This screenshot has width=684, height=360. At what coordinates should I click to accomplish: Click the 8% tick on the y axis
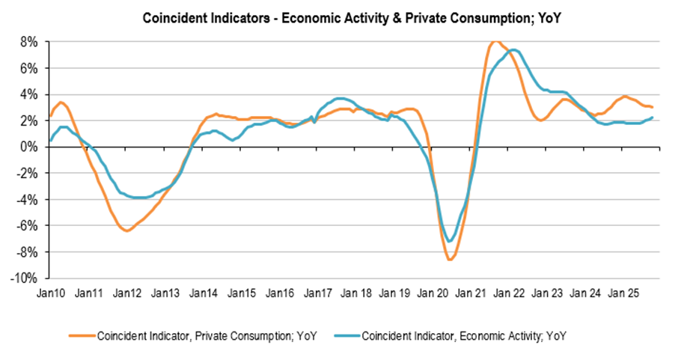[x=28, y=42]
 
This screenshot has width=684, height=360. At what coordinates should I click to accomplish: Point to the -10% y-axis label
[x=24, y=278]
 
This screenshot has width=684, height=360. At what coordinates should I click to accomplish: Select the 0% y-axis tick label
[x=28, y=147]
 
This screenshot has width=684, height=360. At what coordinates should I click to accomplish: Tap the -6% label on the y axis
[x=26, y=225]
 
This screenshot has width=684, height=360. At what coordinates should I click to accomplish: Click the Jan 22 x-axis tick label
[x=512, y=293]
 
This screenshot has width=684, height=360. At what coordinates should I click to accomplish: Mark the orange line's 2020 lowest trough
[x=449, y=259]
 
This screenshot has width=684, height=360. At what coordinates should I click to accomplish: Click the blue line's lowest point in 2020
[x=449, y=241]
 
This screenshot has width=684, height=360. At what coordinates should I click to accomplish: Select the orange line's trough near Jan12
[x=126, y=231]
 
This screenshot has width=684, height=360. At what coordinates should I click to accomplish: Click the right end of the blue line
[x=653, y=118]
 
